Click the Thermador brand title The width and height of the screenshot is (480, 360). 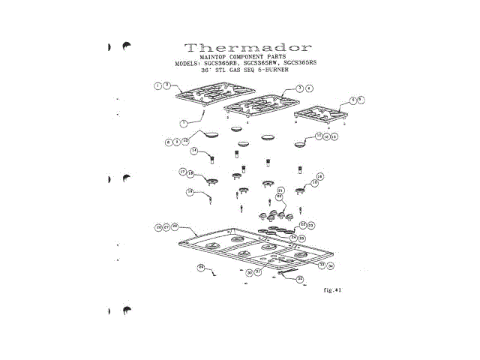(x=239, y=46)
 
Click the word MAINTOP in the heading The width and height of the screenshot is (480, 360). (x=217, y=57)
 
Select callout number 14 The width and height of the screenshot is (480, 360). (x=193, y=151)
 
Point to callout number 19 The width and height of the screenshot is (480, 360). (x=190, y=192)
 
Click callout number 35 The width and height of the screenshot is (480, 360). (x=299, y=279)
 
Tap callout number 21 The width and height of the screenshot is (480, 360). (x=280, y=191)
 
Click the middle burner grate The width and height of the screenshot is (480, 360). (x=259, y=103)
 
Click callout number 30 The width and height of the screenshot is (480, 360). (x=249, y=272)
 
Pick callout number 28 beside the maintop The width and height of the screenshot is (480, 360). (x=174, y=226)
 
